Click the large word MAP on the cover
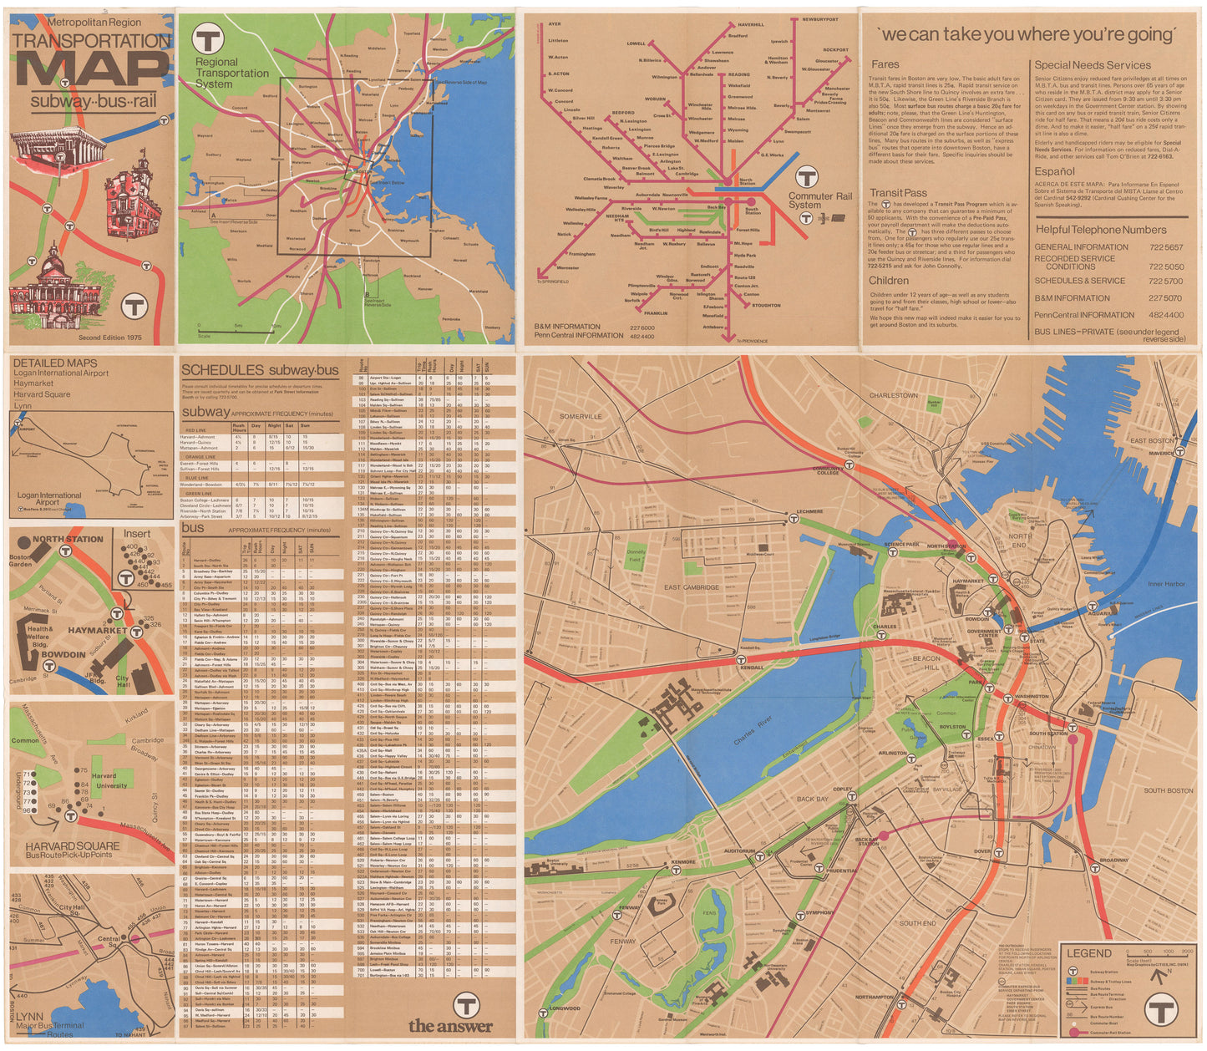(92, 70)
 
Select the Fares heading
(885, 64)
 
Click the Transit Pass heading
(898, 193)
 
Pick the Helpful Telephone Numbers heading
(1101, 230)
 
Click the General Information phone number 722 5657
(1165, 247)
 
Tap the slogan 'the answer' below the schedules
(450, 1026)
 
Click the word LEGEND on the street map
(1088, 953)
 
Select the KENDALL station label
(752, 668)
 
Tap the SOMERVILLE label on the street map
(581, 416)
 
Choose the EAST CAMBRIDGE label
(692, 587)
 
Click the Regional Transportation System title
(231, 73)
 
